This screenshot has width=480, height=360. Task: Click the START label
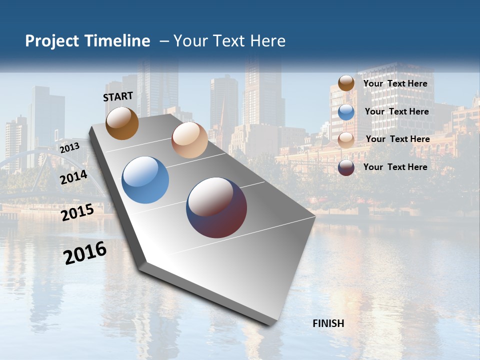(x=118, y=96)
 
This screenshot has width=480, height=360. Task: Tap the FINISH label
(x=328, y=323)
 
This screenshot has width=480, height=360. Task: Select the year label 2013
(x=69, y=148)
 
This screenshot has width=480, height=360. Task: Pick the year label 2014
(x=74, y=177)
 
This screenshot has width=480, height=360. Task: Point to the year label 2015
(x=77, y=212)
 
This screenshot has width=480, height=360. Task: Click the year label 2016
(x=85, y=253)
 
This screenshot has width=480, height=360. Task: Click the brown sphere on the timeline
(x=122, y=123)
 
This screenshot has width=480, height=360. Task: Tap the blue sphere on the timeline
(x=145, y=180)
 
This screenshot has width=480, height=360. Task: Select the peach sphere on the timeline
(x=189, y=140)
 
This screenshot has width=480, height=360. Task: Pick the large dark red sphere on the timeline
(x=216, y=207)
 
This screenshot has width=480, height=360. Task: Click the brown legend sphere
(x=346, y=83)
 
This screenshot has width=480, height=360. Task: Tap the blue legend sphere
(x=346, y=111)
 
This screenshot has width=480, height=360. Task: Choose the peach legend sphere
(x=346, y=139)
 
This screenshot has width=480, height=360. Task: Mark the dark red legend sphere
(x=346, y=167)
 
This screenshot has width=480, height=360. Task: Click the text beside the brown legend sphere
(x=395, y=83)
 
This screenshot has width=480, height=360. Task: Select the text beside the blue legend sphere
(x=396, y=111)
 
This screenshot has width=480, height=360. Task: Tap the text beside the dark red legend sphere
(x=395, y=167)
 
